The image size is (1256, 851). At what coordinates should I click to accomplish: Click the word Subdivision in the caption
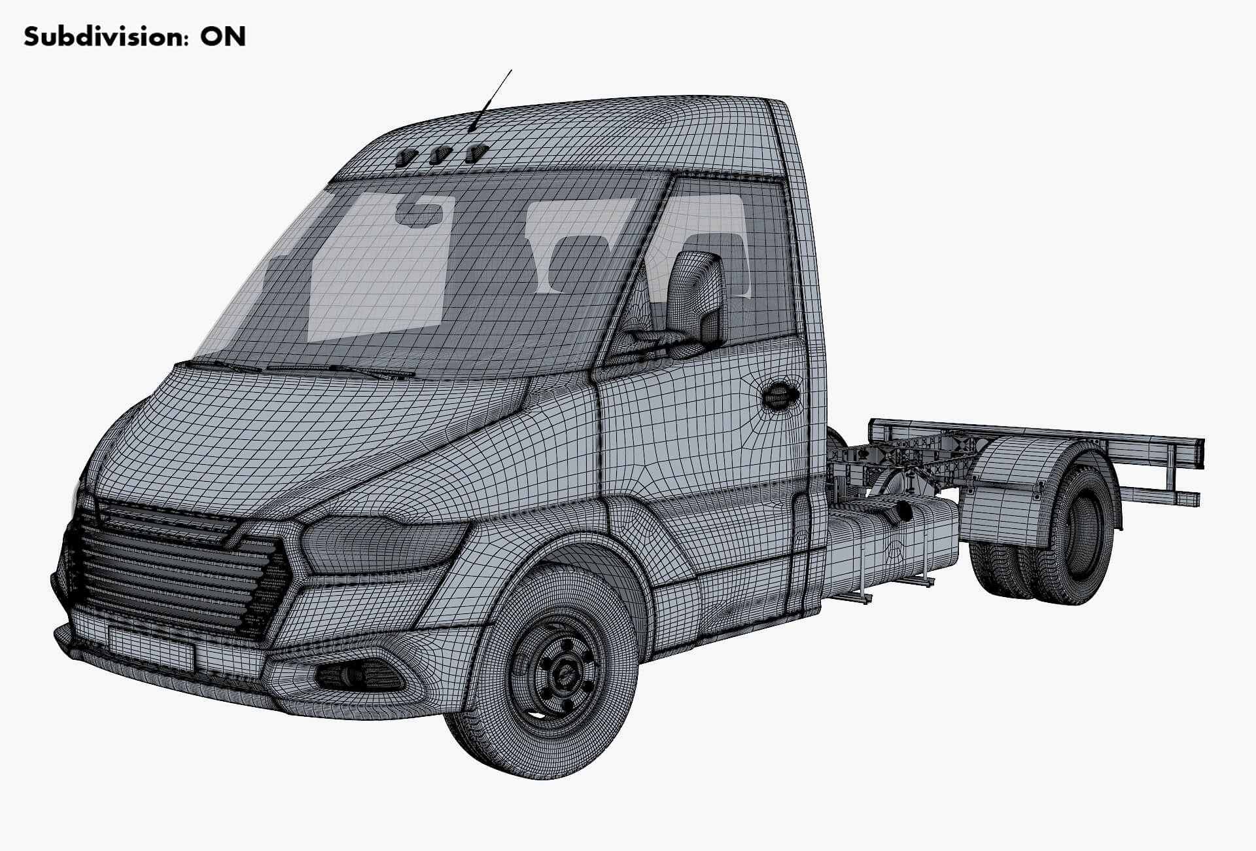pyautogui.click(x=98, y=37)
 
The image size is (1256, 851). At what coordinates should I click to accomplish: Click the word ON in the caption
pyautogui.click(x=222, y=37)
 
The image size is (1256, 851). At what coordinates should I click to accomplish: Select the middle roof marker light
pyautogui.click(x=440, y=156)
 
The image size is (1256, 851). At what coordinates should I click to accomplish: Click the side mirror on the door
pyautogui.click(x=696, y=298)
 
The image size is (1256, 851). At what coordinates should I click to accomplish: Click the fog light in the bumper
pyautogui.click(x=357, y=676)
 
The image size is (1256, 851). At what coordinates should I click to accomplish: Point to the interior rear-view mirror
pyautogui.click(x=419, y=213)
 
